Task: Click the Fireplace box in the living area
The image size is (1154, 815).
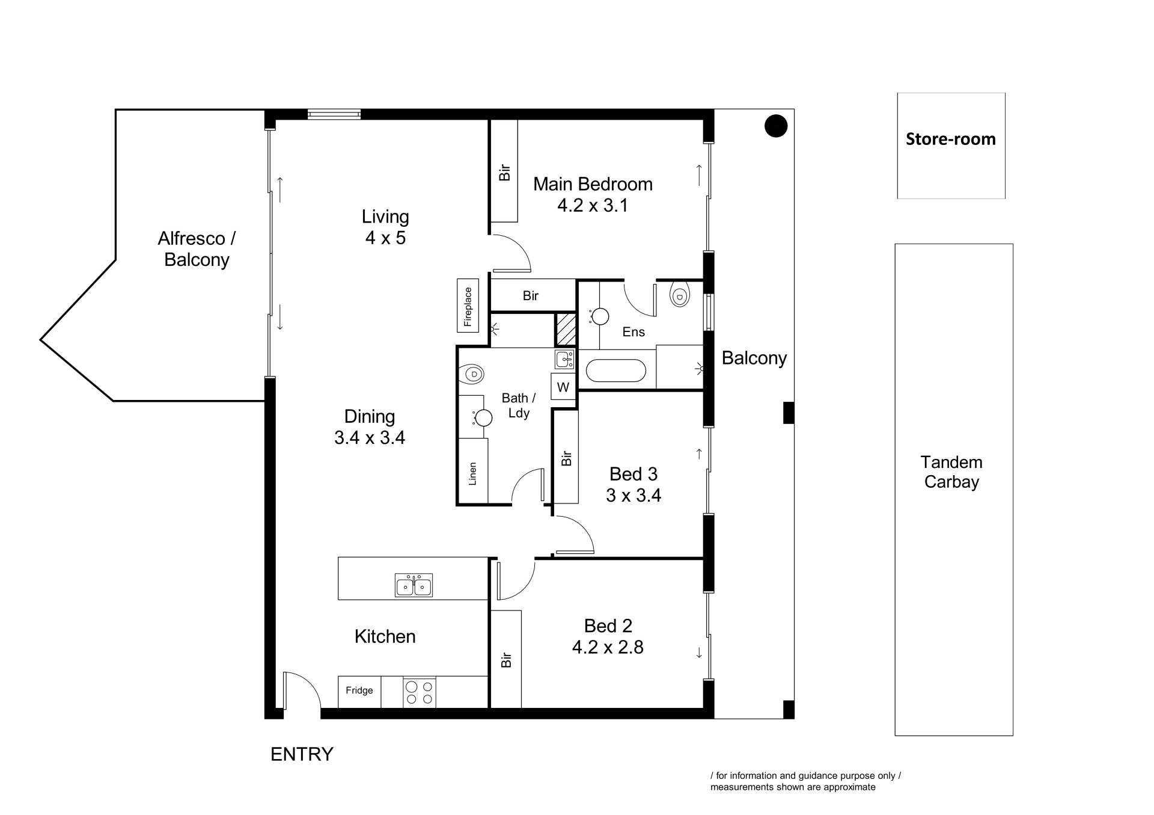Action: coord(468,306)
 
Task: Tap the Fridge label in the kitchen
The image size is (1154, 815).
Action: coord(359,690)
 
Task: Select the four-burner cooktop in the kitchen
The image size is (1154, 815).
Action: coord(420,692)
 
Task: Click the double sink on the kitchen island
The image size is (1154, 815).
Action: coord(414,585)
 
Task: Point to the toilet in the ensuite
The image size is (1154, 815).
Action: coord(679,294)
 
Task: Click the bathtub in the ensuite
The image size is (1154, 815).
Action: coord(616,371)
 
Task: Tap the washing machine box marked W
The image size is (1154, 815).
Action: coord(563,387)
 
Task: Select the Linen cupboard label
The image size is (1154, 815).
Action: coord(472,474)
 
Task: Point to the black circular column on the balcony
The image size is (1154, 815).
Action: coord(776,126)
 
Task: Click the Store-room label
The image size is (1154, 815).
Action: coord(951,139)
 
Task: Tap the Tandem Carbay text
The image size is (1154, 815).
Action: coord(951,472)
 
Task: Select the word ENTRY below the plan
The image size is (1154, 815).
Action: coord(302,754)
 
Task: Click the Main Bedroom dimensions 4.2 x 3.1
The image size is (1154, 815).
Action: coord(593,205)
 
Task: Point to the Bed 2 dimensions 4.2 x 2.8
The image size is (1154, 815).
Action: coord(608,647)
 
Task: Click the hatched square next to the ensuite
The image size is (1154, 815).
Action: coord(565,329)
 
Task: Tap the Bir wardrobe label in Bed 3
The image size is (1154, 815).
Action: coord(566,458)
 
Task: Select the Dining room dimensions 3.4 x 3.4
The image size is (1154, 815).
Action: coord(370,437)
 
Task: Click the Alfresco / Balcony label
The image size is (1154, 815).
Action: coord(197,249)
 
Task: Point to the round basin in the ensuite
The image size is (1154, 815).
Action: coord(600,316)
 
